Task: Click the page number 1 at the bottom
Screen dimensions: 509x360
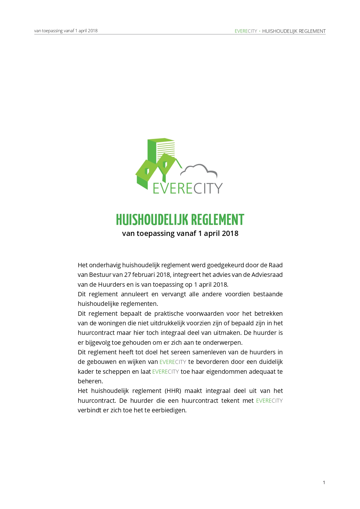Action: click(324, 483)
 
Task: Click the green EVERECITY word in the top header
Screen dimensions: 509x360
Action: click(246, 31)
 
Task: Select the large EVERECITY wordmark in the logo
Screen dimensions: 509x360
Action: click(187, 188)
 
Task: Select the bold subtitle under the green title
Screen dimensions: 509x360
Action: click(180, 234)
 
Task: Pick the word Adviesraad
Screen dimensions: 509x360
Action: click(267, 275)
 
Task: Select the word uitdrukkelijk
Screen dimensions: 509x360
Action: click(167, 323)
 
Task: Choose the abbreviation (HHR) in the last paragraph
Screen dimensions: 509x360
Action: click(173, 391)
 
